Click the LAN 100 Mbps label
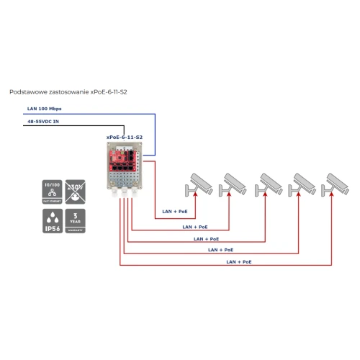pyautogui.click(x=44, y=108)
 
